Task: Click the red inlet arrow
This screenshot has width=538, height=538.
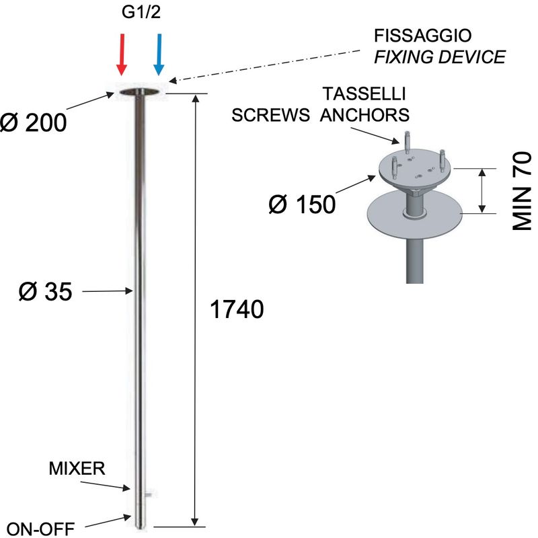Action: point(122,54)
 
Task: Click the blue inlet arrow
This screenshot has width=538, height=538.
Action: point(159,54)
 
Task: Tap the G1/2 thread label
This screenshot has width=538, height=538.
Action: point(141,12)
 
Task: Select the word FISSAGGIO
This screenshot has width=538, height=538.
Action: point(423,36)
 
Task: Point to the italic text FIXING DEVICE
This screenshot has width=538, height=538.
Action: point(440,57)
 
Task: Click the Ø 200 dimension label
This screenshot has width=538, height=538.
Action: point(33,122)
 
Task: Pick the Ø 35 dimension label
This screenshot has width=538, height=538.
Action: point(45,292)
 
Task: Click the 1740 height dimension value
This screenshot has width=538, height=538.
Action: point(237,309)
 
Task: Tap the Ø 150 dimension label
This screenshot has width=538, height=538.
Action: point(302,204)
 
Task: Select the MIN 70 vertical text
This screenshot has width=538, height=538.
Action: point(522,191)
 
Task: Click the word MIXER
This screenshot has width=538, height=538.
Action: point(77,468)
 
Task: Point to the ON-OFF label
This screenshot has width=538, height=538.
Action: point(40,529)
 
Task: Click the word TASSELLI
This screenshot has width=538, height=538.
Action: point(364,94)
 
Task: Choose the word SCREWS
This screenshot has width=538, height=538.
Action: point(270,115)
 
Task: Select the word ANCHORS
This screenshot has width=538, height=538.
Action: point(364,115)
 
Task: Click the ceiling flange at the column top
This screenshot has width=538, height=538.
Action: point(140,91)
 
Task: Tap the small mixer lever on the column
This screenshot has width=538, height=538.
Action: point(148,494)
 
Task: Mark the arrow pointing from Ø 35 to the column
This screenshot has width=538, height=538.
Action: point(108,291)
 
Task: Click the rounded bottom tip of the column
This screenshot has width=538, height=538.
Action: point(140,527)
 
